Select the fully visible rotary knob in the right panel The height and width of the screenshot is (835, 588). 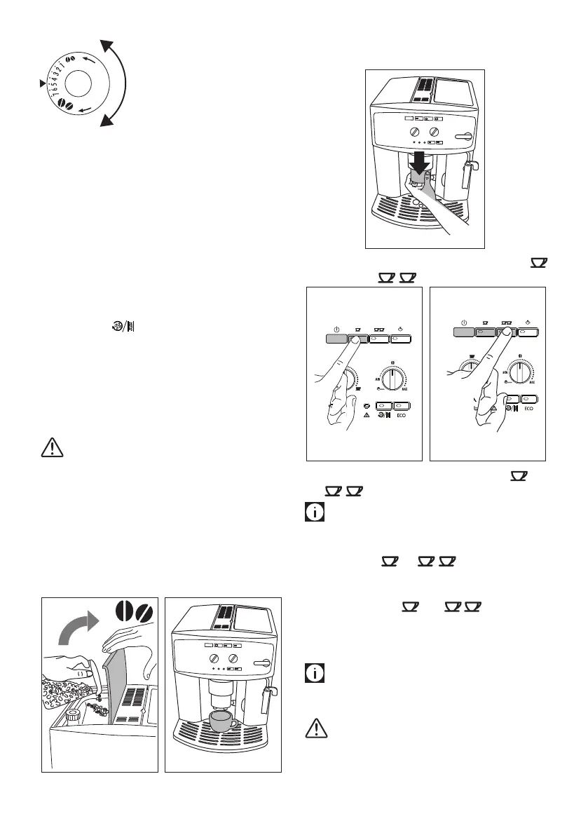519,372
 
